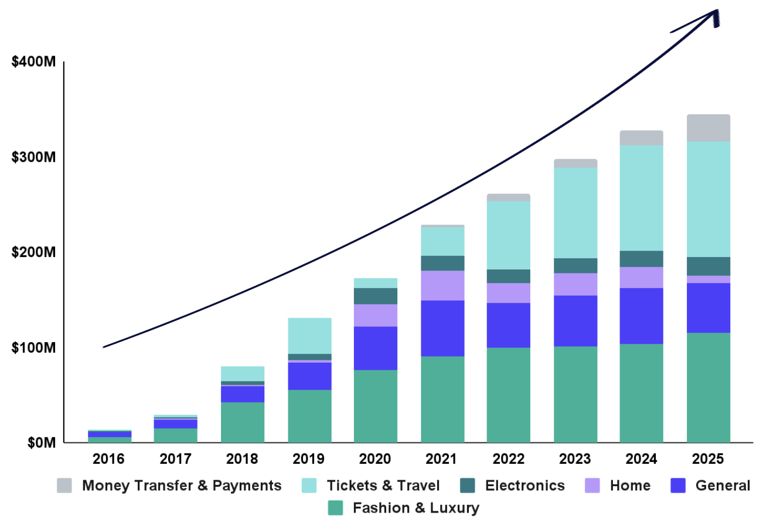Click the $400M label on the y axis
tap(33, 62)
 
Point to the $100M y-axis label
tap(33, 347)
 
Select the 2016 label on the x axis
tap(109, 459)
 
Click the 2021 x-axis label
tap(442, 459)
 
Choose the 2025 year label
tap(708, 459)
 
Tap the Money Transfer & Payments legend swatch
tap(64, 486)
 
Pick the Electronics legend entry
tap(524, 486)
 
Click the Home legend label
tap(629, 486)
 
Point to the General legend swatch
tap(677, 486)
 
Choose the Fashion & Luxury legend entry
tap(415, 508)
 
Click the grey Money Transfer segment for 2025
tap(708, 128)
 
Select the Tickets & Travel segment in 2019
tap(309, 336)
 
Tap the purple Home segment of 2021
tap(442, 285)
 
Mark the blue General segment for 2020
tap(376, 348)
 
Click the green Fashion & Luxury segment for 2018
tap(243, 422)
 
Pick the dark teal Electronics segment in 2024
tap(641, 259)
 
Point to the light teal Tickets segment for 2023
tap(575, 213)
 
